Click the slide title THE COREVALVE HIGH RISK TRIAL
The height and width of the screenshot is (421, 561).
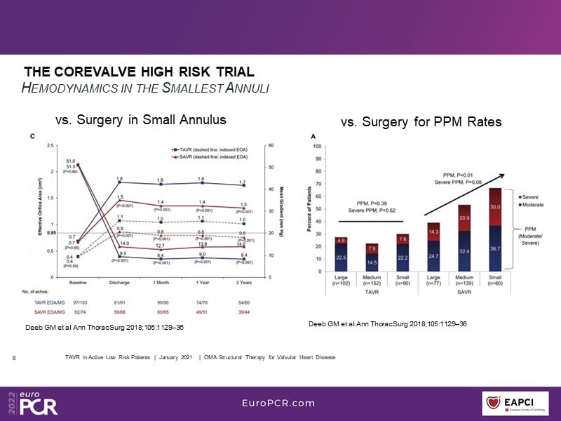pyautogui.click(x=139, y=72)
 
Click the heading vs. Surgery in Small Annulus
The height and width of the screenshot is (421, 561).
pyautogui.click(x=140, y=120)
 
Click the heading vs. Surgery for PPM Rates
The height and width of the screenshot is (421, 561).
pyautogui.click(x=421, y=122)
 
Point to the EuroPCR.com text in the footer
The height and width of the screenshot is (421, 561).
pyautogui.click(x=278, y=403)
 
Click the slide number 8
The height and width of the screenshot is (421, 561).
pyautogui.click(x=15, y=358)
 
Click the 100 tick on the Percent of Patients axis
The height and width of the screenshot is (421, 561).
pyautogui.click(x=318, y=147)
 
